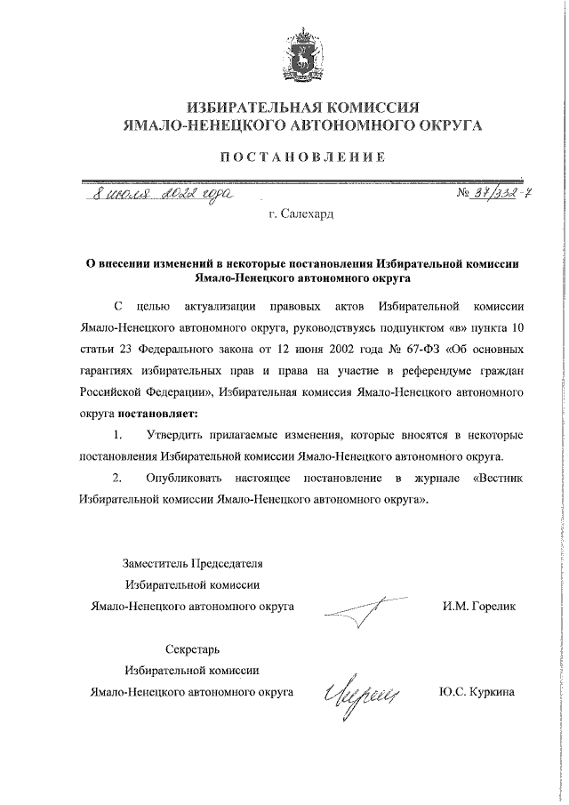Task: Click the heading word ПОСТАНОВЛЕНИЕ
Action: point(301,157)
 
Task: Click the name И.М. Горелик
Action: point(477,632)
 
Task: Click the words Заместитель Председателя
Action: point(191,590)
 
